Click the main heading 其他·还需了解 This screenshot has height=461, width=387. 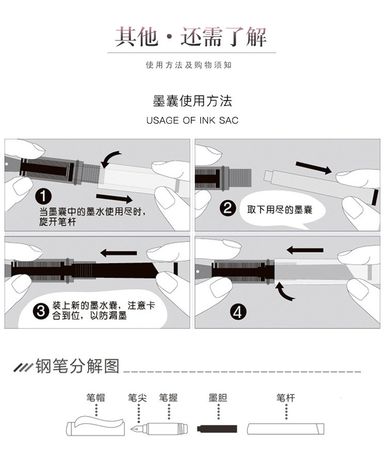(x=191, y=38)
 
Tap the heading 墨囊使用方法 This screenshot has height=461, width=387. (x=192, y=100)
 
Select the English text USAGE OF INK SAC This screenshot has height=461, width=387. (x=192, y=121)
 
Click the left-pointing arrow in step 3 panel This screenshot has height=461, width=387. (x=118, y=253)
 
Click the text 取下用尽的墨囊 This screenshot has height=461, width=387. (x=279, y=210)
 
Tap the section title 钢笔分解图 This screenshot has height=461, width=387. (x=77, y=367)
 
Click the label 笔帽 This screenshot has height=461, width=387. (x=96, y=398)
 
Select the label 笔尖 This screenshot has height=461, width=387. (x=137, y=398)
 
